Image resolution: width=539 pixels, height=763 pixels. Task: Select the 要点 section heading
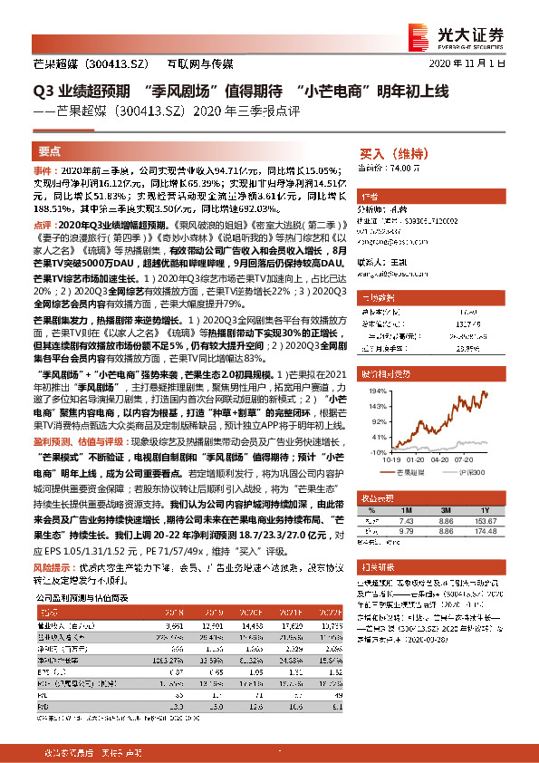pyautogui.click(x=51, y=151)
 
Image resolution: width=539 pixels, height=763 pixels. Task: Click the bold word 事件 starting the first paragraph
pyautogui.click(x=43, y=169)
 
